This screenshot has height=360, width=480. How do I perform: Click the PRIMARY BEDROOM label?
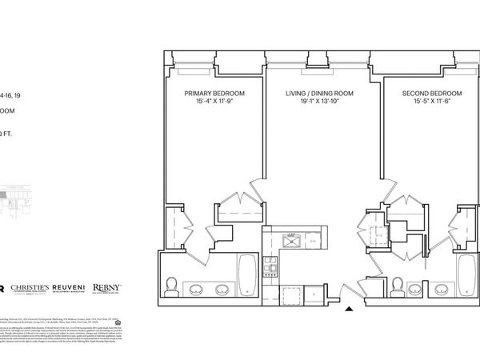[214, 94]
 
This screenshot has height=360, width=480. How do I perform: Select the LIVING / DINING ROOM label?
[318, 94]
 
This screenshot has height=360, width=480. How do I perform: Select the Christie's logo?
[29, 289]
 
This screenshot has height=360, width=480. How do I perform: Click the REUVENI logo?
[70, 289]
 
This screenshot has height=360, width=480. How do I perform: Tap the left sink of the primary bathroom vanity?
[196, 289]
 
